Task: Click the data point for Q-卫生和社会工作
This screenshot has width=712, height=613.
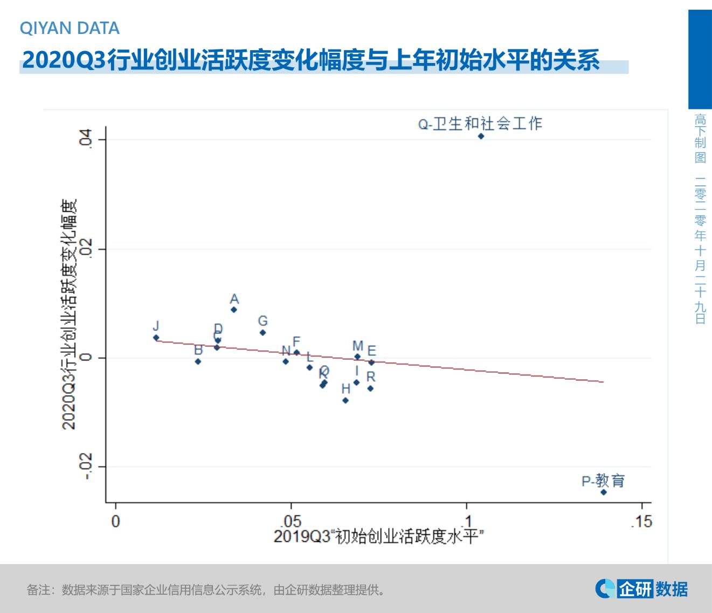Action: [481, 136]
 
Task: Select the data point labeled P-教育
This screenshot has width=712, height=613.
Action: [604, 492]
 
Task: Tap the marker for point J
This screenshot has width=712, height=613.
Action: [156, 338]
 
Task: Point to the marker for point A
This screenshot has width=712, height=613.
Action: [233, 309]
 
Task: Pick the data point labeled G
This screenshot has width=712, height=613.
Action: [262, 332]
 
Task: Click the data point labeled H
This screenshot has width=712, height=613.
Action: [345, 400]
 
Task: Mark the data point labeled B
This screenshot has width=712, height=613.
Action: [198, 361]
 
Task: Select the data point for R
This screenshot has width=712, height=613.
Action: [370, 388]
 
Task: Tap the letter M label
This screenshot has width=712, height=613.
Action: [357, 346]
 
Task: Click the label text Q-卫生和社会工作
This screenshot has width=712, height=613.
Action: [480, 124]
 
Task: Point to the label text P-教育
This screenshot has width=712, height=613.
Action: [603, 480]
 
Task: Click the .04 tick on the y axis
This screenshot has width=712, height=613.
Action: [86, 140]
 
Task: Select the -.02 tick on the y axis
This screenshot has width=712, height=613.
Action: [86, 466]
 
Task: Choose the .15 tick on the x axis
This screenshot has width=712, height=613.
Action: [641, 521]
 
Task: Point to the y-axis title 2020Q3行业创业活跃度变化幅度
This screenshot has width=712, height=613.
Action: [69, 314]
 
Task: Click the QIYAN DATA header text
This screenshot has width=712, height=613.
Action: [70, 28]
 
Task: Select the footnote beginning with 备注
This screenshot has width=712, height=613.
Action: [206, 590]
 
